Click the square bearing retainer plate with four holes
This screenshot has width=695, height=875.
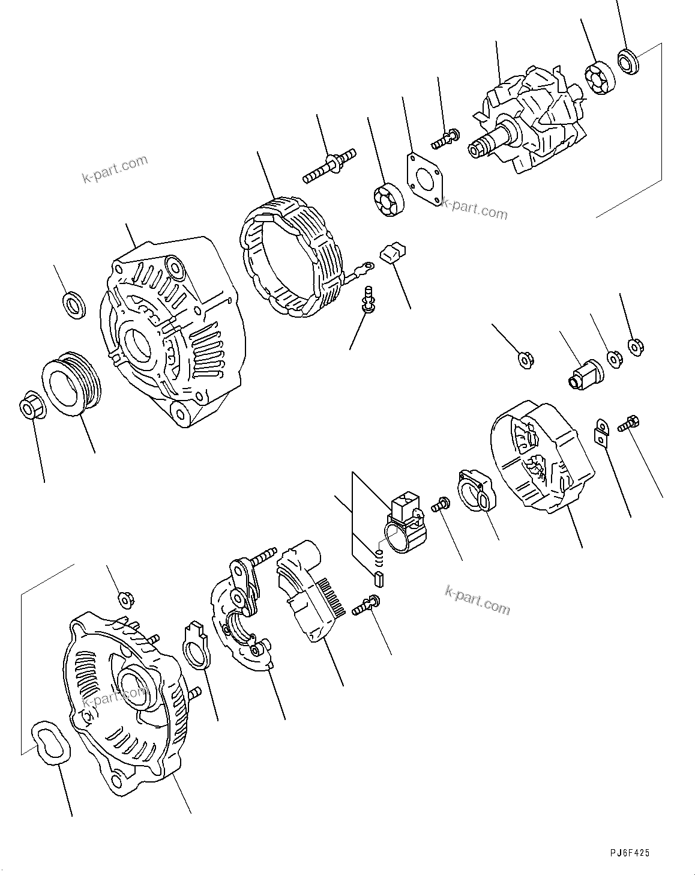(426, 177)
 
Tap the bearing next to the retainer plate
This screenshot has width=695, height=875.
(388, 201)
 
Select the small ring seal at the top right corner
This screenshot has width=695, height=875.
(627, 62)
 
